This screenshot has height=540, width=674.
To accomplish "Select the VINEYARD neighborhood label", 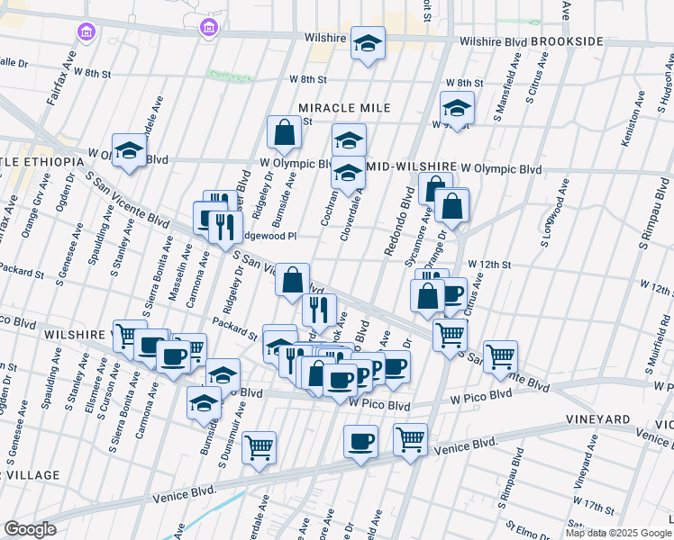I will [597, 420].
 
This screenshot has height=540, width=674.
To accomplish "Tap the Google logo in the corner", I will [30, 529].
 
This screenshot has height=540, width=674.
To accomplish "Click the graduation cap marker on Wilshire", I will [368, 43].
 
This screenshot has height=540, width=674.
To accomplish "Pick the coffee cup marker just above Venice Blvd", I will [360, 441].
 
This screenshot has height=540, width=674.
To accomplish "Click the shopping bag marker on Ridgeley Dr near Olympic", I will [284, 132].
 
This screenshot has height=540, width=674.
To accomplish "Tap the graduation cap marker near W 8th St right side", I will [457, 108].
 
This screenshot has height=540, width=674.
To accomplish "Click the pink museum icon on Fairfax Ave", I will [87, 32].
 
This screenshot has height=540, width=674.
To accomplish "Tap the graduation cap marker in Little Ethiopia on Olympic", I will [129, 149].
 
